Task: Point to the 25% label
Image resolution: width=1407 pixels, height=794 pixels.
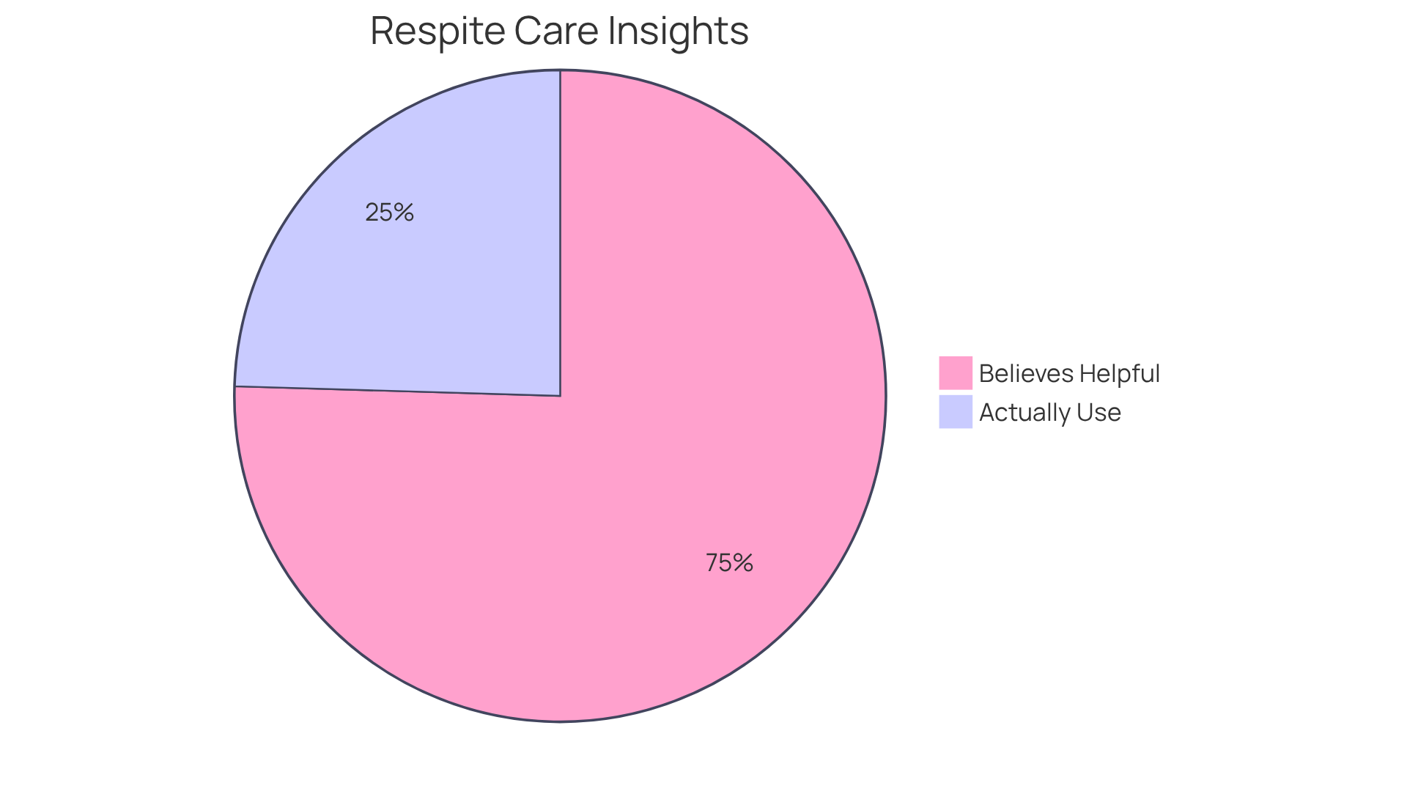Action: [x=389, y=213]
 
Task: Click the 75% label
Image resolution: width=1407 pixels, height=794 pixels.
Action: [x=729, y=563]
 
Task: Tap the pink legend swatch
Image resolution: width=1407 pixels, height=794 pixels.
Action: [x=956, y=373]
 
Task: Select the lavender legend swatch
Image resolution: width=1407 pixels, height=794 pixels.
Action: [x=956, y=412]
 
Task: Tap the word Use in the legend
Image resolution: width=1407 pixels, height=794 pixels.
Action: [x=1097, y=413]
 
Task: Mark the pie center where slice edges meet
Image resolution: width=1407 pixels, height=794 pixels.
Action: [x=561, y=396]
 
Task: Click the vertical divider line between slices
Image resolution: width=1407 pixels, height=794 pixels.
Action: [x=561, y=235]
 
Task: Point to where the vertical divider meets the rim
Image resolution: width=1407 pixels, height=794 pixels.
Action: [x=561, y=70]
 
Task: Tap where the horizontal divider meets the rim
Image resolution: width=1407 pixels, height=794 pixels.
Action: [x=235, y=386]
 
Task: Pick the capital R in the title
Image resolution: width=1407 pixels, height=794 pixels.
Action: [x=382, y=31]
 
